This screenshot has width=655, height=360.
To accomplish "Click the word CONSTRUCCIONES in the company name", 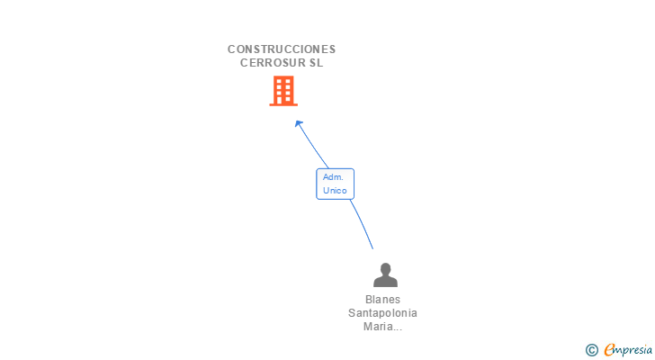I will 282,49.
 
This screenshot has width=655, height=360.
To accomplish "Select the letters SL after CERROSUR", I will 315,63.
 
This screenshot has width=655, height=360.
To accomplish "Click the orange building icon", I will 283,90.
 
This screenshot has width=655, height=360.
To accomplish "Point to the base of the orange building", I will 283,104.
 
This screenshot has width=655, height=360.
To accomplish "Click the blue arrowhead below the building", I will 299,123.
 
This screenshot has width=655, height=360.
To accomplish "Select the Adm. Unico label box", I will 335,184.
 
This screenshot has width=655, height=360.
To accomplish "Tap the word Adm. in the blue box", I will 333,177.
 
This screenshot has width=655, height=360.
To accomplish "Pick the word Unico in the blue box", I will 335,190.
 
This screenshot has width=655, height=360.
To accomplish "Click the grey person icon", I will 385,274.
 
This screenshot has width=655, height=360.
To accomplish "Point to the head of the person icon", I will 385,268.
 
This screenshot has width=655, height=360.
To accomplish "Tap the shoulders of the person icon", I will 385,282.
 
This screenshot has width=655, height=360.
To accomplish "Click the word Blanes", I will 383,300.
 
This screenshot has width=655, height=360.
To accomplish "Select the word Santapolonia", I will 383,313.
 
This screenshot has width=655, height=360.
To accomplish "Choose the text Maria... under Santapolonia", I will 383,327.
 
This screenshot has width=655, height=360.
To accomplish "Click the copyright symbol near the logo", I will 591,350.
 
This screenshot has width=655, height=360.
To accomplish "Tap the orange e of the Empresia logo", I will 609,350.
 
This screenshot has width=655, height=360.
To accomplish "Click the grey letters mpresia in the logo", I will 631,350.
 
